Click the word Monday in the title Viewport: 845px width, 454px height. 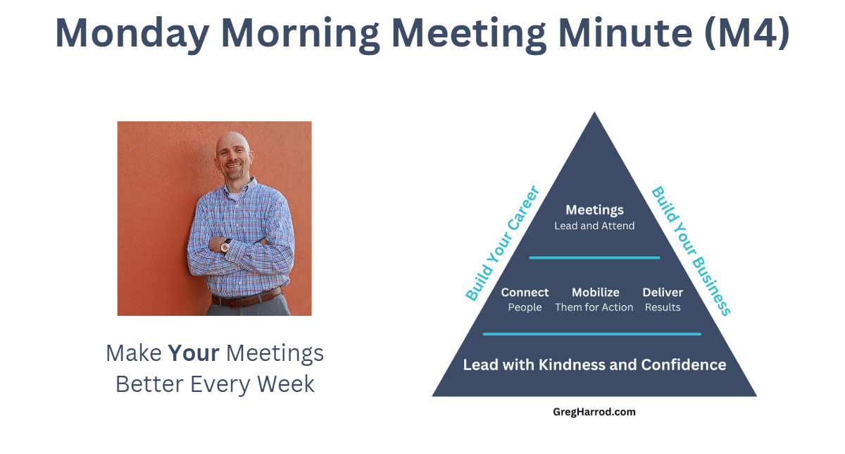point(132,33)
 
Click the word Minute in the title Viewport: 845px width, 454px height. point(625,32)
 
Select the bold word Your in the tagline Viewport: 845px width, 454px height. point(194,353)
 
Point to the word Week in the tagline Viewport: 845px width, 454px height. point(286,384)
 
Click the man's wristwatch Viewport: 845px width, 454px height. point(225,246)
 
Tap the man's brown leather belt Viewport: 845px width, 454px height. point(247,298)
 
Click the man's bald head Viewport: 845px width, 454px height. point(233,145)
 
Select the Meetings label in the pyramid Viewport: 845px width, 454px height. point(594,210)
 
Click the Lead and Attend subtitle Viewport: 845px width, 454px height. point(594,226)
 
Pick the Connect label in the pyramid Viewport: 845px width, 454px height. point(525,293)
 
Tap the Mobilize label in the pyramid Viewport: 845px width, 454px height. point(595,293)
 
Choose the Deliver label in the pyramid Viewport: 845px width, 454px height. point(663,293)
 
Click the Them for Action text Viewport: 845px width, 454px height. point(594,307)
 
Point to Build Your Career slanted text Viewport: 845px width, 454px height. point(503,243)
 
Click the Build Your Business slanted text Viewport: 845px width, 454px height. point(691,251)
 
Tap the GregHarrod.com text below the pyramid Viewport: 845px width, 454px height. point(594,412)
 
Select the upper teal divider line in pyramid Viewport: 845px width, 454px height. point(594,258)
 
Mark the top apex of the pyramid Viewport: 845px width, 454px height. point(594,112)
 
